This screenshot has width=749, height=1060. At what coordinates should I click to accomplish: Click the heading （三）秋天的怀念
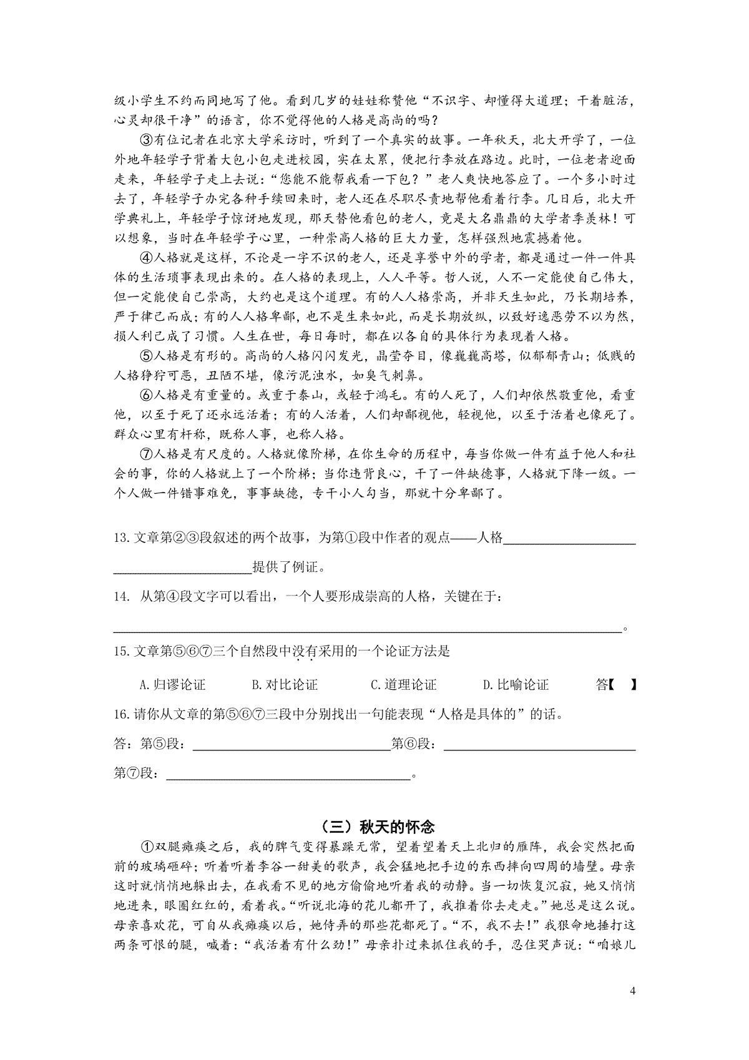pyautogui.click(x=374, y=827)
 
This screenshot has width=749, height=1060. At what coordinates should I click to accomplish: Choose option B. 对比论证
pyautogui.click(x=285, y=685)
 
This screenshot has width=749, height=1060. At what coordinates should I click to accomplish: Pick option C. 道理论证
pyautogui.click(x=403, y=685)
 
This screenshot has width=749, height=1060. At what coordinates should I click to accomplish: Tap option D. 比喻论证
pyautogui.click(x=516, y=685)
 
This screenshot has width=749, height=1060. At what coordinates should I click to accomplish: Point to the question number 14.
pyautogui.click(x=121, y=597)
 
